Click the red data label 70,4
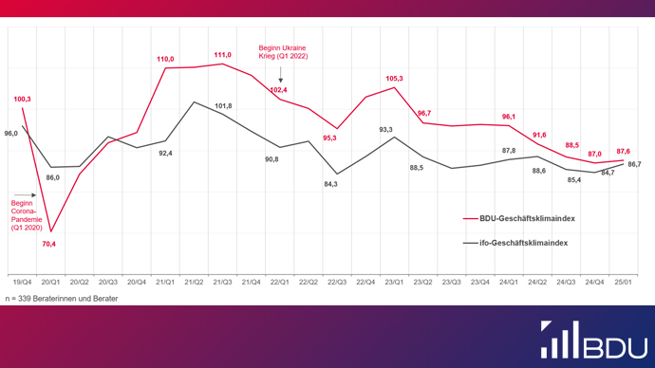coord(48,244)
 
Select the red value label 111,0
coord(222,55)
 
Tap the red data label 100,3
coord(23,99)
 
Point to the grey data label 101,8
coord(223,105)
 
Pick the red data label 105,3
coord(395,79)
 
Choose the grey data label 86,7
coord(635,164)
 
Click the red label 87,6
coord(623,151)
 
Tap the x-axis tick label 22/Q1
coord(280,282)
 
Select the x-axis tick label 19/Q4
coord(22,282)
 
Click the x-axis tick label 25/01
coord(624,282)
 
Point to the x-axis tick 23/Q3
coord(452,282)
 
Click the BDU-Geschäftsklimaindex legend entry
coord(519,217)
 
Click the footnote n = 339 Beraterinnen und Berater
coord(64,299)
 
